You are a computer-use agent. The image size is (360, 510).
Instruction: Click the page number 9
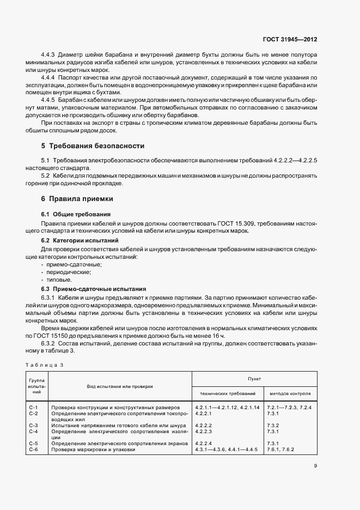coord(315,465)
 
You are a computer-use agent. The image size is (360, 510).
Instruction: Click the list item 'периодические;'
coord(70,272)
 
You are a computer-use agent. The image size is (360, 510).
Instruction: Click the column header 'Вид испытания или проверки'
coord(119,386)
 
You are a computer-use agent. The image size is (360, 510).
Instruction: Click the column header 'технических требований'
coord(228,393)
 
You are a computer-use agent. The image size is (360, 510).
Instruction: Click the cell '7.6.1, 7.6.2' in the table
coord(281,450)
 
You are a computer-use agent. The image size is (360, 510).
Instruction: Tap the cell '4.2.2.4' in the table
coord(203,444)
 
